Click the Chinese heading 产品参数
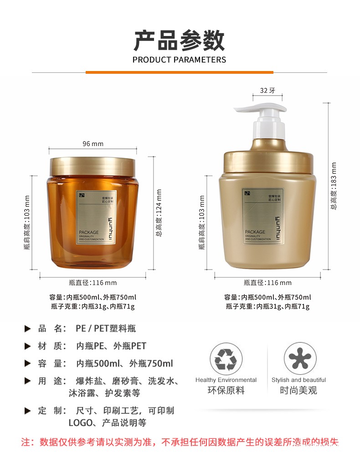click(179, 41)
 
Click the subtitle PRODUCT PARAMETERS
click(179, 60)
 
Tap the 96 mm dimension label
click(93, 144)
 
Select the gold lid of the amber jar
click(93, 166)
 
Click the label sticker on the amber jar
click(93, 218)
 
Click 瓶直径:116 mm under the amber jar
click(93, 283)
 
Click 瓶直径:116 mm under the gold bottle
click(267, 283)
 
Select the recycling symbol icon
click(226, 359)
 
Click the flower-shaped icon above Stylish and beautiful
click(300, 359)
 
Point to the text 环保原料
click(226, 391)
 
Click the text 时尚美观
click(298, 391)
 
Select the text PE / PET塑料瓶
click(106, 328)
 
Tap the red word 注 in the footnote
click(26, 442)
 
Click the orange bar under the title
click(179, 72)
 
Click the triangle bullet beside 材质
click(28, 346)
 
